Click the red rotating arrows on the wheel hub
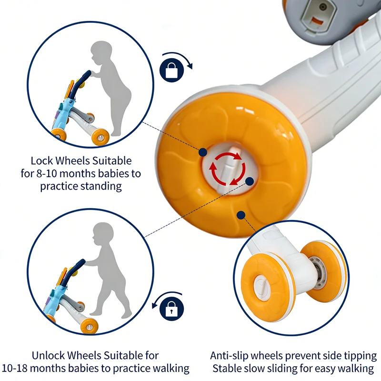tap(228, 169)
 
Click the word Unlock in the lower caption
tap(48, 355)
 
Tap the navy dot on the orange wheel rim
tap(241, 215)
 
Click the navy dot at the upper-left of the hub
tap(203, 152)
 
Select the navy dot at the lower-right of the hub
tap(250, 181)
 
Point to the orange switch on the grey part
tap(317, 21)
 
